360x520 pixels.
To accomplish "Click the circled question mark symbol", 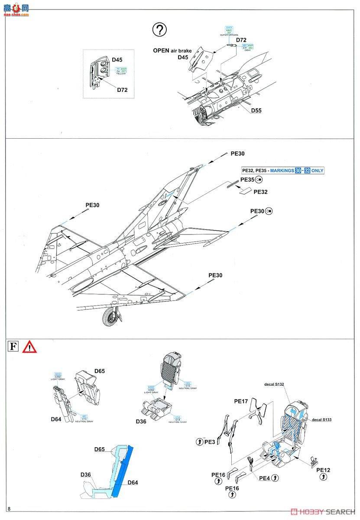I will pos(160,30).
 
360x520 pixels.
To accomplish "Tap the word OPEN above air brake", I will pos(161,51).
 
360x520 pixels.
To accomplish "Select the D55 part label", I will pos(256,110).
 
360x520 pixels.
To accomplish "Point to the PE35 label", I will pos(247,179).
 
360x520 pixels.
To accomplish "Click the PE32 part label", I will pos(260,192).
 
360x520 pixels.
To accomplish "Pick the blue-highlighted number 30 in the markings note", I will pos(298,171).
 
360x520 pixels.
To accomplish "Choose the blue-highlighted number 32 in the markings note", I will pos(308,171).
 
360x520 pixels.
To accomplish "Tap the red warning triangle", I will pos(29,347).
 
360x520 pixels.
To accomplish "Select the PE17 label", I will pos(241,401).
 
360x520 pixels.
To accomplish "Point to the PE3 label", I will pos(210,442).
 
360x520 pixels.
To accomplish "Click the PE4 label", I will pos(265,478).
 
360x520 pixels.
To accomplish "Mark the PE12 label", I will pos(323,470).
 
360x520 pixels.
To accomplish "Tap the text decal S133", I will pos(321,419).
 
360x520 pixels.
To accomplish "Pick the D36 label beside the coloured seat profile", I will pos(85,474).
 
